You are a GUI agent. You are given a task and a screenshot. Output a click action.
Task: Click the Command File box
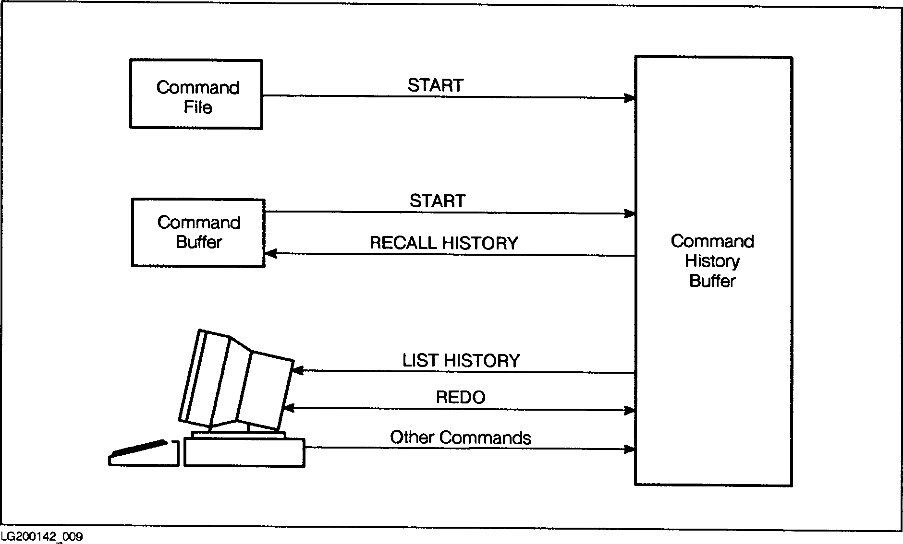point(196,95)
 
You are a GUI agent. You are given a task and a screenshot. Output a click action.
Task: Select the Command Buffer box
point(198,233)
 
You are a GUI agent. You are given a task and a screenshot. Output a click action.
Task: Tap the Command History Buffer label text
point(712,261)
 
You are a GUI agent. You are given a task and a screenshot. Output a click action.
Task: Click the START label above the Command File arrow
point(435,85)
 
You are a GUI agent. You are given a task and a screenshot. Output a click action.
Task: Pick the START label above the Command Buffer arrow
point(437,201)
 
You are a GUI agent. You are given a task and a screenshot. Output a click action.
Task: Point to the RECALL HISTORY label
point(443,243)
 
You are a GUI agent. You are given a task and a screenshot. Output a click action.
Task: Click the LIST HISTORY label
point(461,361)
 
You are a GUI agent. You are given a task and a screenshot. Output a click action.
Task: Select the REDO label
point(461,397)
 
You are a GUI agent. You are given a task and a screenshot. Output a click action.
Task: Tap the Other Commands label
point(460,438)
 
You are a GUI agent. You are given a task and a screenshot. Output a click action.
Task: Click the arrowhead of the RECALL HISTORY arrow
point(270,253)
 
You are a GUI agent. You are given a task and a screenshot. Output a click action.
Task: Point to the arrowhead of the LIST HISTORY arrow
point(298,370)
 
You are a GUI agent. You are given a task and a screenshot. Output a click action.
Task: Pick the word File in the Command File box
point(197,107)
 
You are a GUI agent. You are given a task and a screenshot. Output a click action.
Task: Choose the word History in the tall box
point(712,261)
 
